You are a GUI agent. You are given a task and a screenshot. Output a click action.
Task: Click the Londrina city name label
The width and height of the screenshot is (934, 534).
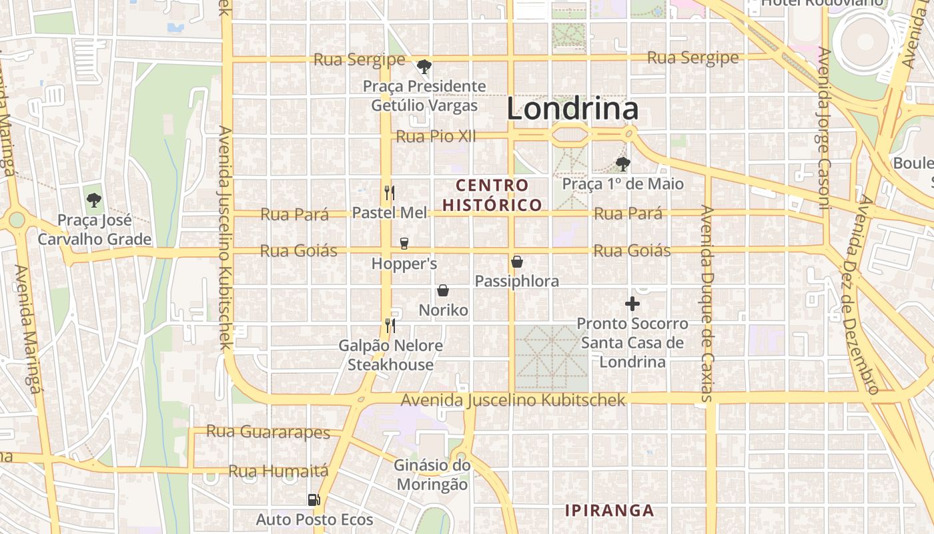pos(572,109)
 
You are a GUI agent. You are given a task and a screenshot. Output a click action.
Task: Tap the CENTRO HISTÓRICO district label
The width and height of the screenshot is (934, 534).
pos(492,195)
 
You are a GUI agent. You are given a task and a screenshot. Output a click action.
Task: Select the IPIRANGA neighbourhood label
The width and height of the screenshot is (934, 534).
pos(609,511)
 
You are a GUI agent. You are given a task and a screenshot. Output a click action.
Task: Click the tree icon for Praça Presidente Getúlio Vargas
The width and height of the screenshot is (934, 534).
pos(424,66)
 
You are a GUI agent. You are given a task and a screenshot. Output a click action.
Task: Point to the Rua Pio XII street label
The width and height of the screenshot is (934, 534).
pos(436,136)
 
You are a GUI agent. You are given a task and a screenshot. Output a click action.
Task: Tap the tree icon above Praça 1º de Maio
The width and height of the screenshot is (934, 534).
pos(622,164)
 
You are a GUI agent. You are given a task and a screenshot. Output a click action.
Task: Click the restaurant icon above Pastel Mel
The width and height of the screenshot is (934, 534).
pos(390,193)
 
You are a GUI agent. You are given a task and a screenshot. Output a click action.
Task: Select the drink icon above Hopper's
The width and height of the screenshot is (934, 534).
pos(404,244)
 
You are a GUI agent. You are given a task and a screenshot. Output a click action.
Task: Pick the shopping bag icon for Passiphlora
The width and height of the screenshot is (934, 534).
pos(516,262)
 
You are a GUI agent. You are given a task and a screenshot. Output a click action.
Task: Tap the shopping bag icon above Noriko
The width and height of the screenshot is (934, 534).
pos(442,290)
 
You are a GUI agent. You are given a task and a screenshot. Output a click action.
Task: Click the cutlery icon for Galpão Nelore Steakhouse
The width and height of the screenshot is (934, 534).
pos(390,325)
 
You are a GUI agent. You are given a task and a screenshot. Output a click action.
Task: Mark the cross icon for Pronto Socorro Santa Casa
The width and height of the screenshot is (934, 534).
pos(632,304)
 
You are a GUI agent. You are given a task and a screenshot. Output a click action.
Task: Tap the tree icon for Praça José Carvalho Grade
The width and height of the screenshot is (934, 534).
pos(94,200)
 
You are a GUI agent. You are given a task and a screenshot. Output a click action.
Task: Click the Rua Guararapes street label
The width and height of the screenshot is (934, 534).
pos(268,432)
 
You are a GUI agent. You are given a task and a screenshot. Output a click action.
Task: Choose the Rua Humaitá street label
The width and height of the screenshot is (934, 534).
pos(279,471)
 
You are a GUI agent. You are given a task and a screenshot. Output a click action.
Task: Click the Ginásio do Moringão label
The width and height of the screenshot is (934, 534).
pos(432,475)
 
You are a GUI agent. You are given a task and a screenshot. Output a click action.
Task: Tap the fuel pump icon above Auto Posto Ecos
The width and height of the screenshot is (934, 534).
pos(314,499)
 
